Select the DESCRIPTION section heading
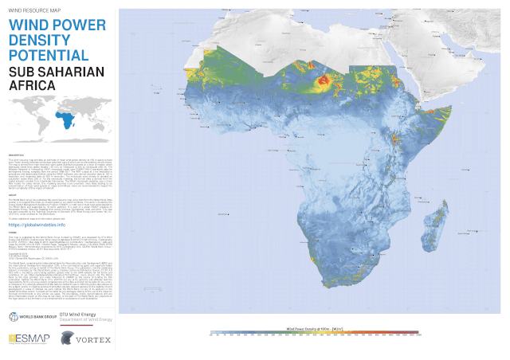pos(18,154)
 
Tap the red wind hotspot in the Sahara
pos(325,80)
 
